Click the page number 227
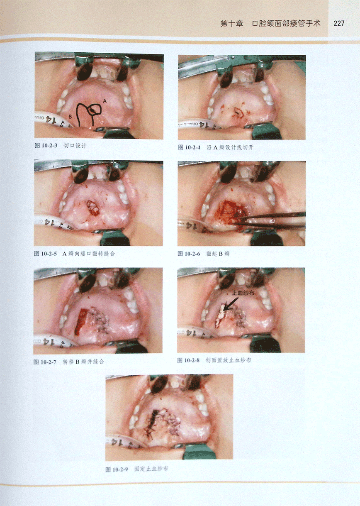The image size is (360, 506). (x=339, y=23)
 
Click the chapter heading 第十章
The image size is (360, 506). (x=232, y=24)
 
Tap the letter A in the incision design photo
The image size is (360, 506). (x=105, y=101)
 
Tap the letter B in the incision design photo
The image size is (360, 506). (x=70, y=117)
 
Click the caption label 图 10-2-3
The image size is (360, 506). (x=46, y=145)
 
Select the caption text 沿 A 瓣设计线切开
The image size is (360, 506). (x=230, y=147)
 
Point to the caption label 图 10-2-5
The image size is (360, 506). (x=45, y=254)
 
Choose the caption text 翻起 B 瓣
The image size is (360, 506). (x=218, y=254)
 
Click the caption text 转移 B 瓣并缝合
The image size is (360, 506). (x=83, y=362)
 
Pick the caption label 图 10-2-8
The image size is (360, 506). (x=188, y=360)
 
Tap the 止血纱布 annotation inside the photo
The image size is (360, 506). (x=243, y=293)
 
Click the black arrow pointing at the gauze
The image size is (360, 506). (x=231, y=304)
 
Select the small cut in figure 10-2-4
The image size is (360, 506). (x=238, y=112)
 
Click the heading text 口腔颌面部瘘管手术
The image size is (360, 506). (x=286, y=24)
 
